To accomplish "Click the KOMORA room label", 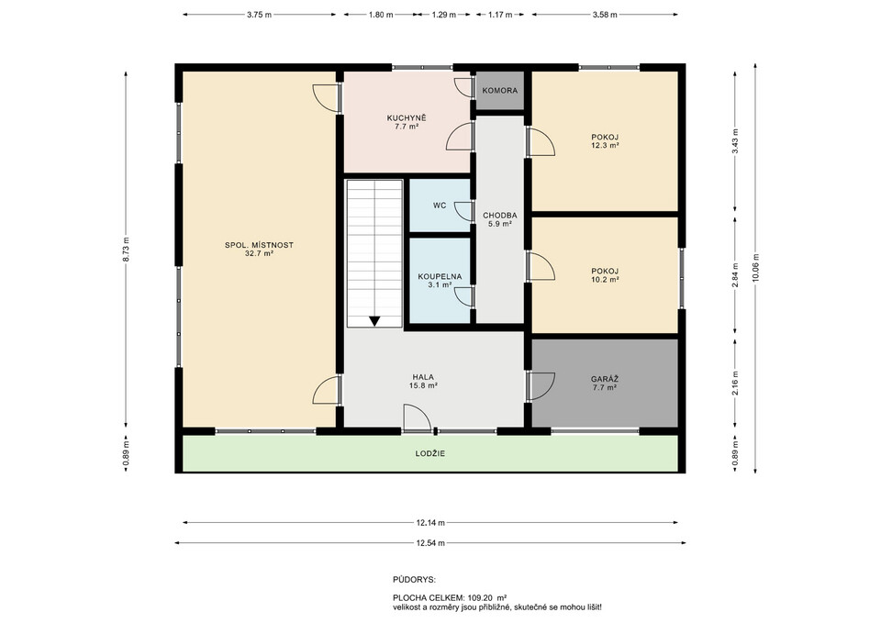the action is click(x=499, y=91).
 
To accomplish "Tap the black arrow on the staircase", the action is click(x=374, y=321).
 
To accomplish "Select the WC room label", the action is click(x=440, y=206).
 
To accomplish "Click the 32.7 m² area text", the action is click(x=259, y=253).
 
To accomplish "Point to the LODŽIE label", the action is click(x=430, y=453).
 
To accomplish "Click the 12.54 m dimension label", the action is click(x=430, y=543).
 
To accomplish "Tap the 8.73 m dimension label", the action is click(x=127, y=249).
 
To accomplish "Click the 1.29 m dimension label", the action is click(x=444, y=16).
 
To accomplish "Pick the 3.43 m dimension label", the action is click(x=735, y=141).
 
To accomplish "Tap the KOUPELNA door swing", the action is click(x=463, y=296).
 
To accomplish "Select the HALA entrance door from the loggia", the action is click(x=417, y=418).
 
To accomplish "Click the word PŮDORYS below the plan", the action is click(x=414, y=580).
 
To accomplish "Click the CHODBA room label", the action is click(x=499, y=215).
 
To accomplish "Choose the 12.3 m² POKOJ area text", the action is click(x=605, y=145).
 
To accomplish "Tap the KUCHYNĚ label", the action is click(x=407, y=118).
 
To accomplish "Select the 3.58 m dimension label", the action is click(x=605, y=16).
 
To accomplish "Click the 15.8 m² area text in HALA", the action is click(x=423, y=385).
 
